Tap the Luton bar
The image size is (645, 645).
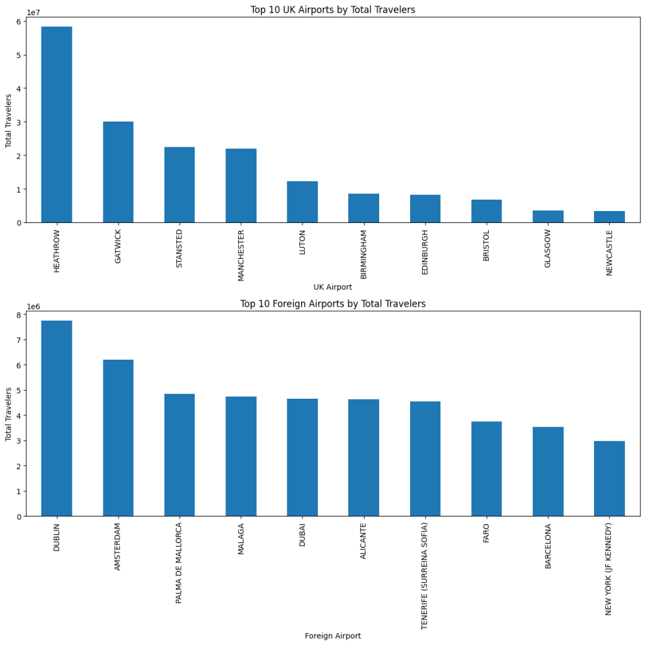point(302,202)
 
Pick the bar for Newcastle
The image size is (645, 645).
point(609,217)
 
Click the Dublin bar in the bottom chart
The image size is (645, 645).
point(57,418)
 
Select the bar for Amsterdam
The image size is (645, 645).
point(118,438)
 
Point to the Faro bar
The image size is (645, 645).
point(486,469)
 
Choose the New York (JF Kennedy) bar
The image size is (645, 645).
point(609,479)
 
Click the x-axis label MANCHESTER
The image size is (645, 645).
point(241,254)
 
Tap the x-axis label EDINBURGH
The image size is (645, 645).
point(425,252)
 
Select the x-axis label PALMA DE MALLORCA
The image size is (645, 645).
point(180,562)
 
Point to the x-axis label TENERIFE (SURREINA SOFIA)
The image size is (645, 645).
point(425,576)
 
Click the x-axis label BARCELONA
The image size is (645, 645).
point(548,546)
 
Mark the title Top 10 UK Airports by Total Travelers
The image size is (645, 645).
point(333,9)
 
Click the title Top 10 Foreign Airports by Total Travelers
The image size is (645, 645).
point(333,304)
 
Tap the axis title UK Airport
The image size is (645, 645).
point(333,287)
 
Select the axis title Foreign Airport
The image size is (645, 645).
point(333,636)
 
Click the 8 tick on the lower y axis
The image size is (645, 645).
point(20,315)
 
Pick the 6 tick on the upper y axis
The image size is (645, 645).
point(20,21)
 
